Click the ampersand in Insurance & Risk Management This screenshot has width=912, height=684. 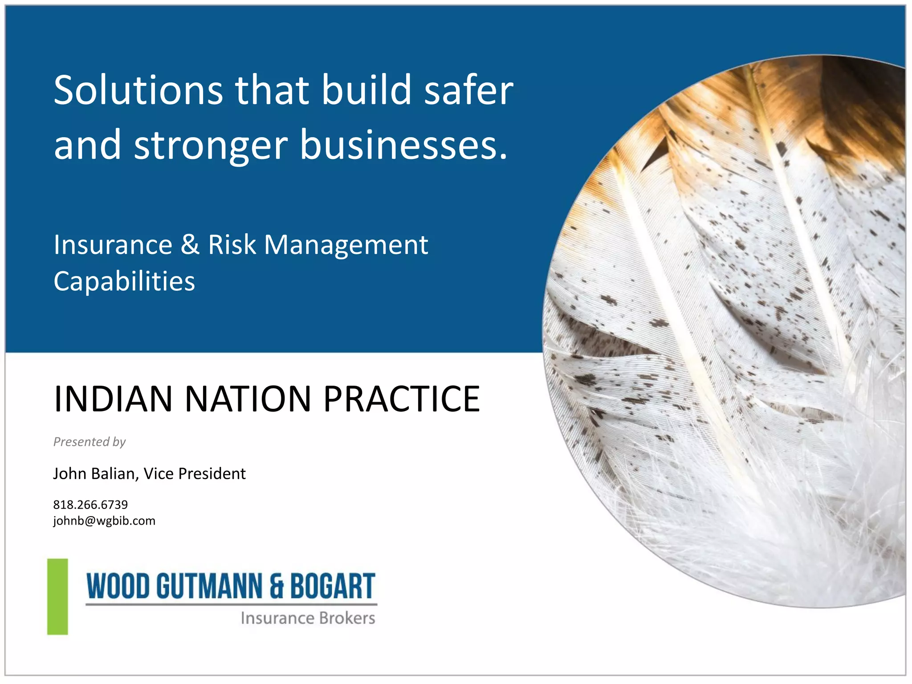[190, 245]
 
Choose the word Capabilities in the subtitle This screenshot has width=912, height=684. [124, 281]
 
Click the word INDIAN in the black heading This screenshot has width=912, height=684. [113, 399]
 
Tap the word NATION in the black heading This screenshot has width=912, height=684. [248, 399]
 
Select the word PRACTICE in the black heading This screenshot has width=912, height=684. [401, 399]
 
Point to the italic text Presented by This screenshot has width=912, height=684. [90, 442]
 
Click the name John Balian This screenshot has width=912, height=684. [94, 474]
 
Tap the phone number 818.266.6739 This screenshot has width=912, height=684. [90, 505]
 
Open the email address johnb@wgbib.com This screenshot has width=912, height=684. [104, 521]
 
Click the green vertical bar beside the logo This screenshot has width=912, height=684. [58, 597]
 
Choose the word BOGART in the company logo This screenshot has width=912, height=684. [333, 586]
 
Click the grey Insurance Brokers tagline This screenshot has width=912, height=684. [308, 618]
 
